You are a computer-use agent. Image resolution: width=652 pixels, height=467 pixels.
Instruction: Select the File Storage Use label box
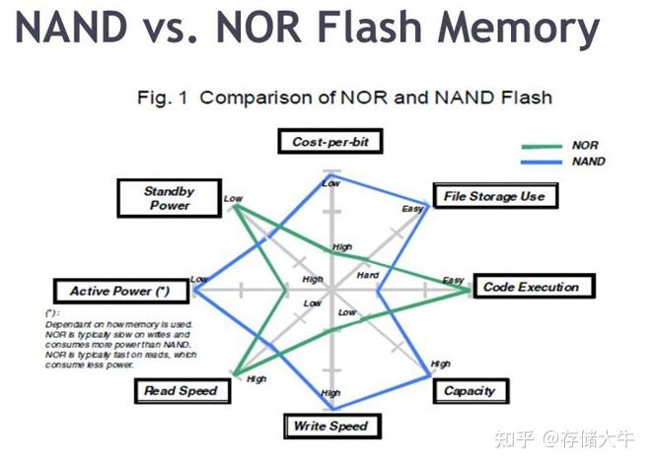pyautogui.click(x=494, y=196)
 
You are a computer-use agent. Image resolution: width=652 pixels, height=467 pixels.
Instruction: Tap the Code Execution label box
pyautogui.click(x=530, y=287)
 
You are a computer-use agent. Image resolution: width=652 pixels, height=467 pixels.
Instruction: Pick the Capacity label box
pyautogui.click(x=469, y=390)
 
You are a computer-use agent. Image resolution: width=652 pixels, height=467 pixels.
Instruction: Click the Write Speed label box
pyautogui.click(x=329, y=426)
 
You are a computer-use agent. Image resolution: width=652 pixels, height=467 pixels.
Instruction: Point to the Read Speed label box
pyautogui.click(x=181, y=391)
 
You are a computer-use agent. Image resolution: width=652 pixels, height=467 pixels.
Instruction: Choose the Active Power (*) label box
pyautogui.click(x=120, y=291)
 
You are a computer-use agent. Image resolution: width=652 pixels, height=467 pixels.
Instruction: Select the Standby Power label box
pyautogui.click(x=169, y=198)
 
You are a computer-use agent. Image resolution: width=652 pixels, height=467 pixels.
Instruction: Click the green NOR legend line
pyautogui.click(x=539, y=146)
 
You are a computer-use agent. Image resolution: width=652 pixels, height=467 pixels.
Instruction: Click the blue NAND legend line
pyautogui.click(x=539, y=162)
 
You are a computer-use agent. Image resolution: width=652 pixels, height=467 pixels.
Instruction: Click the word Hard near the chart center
pyautogui.click(x=367, y=274)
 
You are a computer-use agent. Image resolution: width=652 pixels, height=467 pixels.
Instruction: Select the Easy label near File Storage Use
pyautogui.click(x=411, y=209)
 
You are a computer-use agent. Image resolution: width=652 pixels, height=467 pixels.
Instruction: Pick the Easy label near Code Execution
pyautogui.click(x=453, y=281)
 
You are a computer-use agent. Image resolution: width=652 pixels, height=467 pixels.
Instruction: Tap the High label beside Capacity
pyautogui.click(x=440, y=365)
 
